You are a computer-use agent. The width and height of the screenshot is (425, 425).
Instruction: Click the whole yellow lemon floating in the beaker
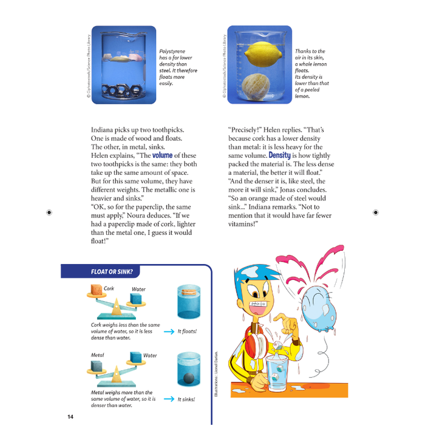260,58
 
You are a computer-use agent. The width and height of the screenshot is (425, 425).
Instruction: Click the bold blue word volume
162,155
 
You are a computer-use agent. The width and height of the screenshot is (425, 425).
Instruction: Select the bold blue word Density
279,155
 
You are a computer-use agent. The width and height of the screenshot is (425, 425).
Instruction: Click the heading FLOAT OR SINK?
112,271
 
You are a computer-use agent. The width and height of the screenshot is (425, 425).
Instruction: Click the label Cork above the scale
109,288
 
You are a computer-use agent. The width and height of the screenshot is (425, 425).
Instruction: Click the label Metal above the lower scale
97,355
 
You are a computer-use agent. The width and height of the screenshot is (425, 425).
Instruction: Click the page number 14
70,416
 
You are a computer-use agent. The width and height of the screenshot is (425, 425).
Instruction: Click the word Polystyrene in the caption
172,52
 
